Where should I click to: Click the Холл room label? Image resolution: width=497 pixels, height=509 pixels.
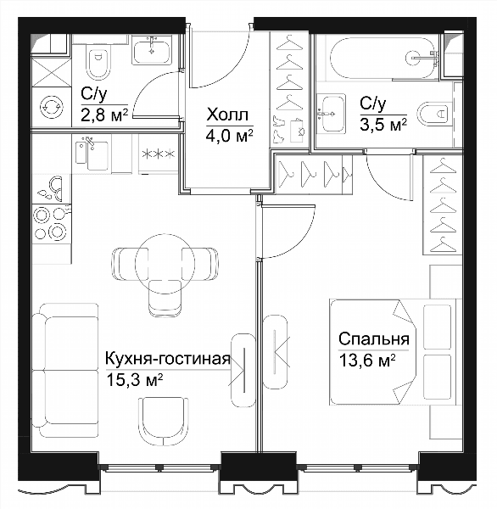tap(228, 115)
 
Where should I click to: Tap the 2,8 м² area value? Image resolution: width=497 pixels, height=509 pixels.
tap(104, 115)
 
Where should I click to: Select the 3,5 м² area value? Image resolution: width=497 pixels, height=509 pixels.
tap(383, 125)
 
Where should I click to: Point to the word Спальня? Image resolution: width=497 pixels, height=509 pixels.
tap(374, 339)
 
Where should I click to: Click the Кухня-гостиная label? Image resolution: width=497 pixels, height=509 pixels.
tap(168, 359)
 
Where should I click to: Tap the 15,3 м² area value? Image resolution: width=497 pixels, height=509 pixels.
tap(134, 380)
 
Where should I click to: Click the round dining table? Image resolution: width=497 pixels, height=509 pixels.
tap(165, 263)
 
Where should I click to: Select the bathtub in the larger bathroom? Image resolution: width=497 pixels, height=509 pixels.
tap(382, 58)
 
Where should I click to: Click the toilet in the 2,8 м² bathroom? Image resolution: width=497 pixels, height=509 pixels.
tap(98, 63)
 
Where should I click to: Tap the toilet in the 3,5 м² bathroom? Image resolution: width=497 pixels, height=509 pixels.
tap(435, 115)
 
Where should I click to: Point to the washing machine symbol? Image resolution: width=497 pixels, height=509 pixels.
tap(51, 106)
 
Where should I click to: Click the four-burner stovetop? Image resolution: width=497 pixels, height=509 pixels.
tap(51, 223)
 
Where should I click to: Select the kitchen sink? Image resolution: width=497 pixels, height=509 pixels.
tap(92, 154)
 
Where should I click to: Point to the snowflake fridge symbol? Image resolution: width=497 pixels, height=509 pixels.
tap(159, 154)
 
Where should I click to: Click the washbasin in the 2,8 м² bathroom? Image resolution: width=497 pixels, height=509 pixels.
tap(152, 50)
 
